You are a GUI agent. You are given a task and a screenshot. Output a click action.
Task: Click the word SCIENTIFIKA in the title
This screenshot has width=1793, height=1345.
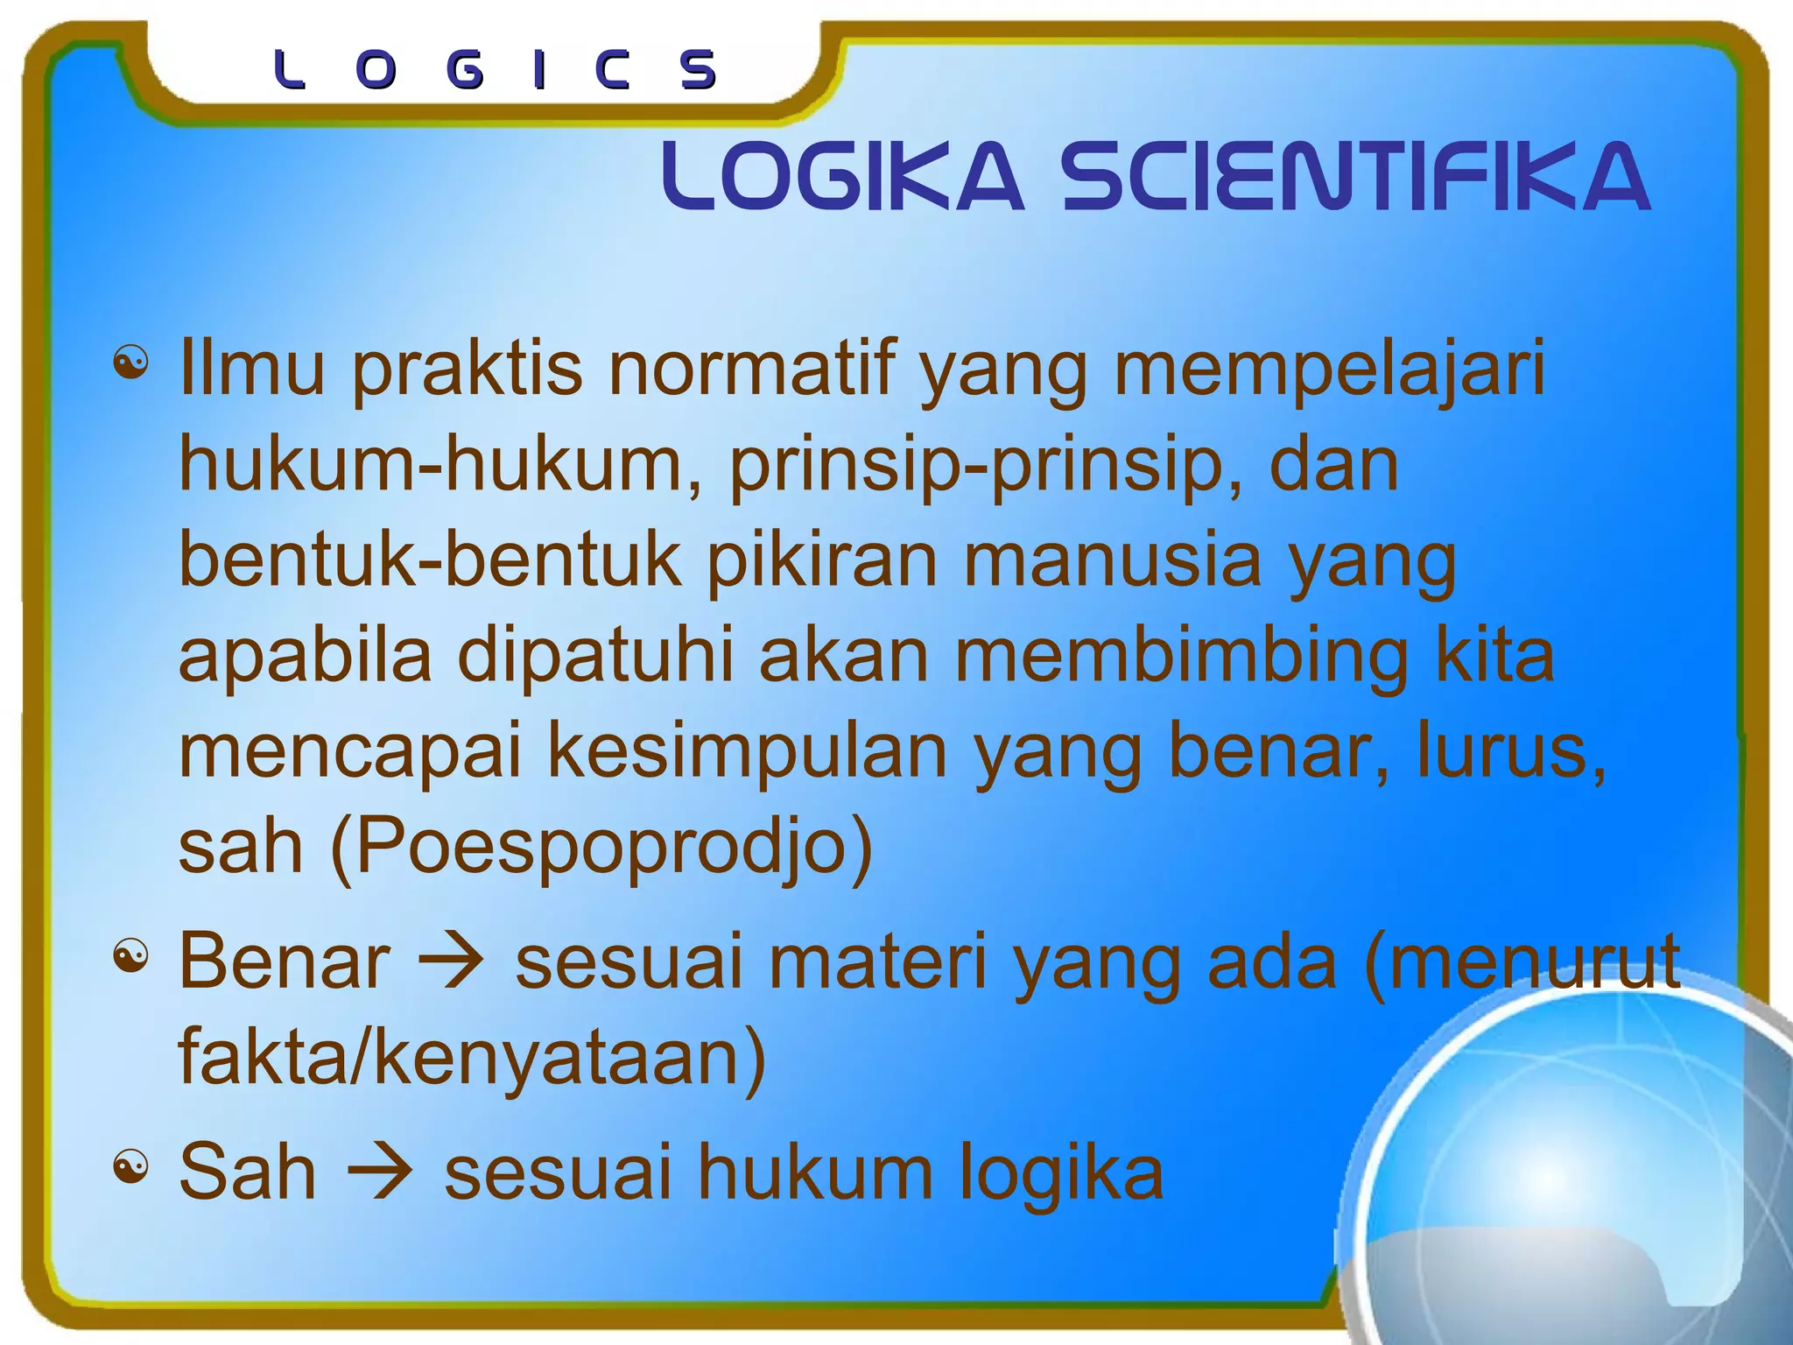coord(1355,178)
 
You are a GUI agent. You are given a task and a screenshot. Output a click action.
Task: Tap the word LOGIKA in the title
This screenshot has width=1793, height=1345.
coord(842,178)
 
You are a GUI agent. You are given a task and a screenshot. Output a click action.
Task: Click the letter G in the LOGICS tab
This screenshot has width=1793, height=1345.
coord(464,70)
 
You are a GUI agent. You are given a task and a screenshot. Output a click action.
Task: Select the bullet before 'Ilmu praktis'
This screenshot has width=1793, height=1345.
coord(130,362)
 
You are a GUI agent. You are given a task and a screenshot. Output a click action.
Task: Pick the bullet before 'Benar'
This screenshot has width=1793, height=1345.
coord(130,956)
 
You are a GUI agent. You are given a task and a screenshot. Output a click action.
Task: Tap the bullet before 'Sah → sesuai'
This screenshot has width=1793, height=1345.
coord(130,1166)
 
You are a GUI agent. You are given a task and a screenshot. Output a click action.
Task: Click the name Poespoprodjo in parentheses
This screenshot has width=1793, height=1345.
coord(602,848)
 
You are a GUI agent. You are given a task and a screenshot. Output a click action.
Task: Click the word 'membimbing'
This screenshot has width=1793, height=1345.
coord(1182,655)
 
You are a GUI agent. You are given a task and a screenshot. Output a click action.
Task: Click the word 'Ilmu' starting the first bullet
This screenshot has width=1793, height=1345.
coord(252,368)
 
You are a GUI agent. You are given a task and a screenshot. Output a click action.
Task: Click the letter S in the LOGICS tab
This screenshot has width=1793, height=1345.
coord(699,70)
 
